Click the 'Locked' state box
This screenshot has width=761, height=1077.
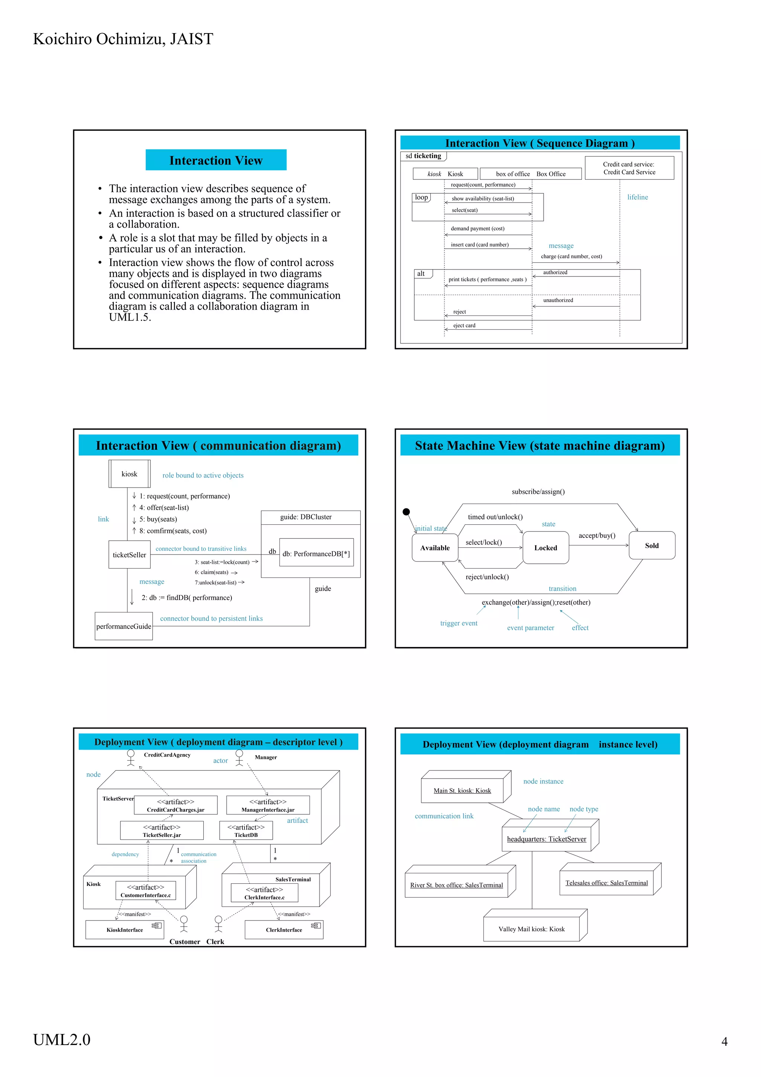pyautogui.click(x=545, y=547)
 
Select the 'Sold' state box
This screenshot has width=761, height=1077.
pyautogui.click(x=651, y=545)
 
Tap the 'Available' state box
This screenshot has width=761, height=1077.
pyautogui.click(x=435, y=547)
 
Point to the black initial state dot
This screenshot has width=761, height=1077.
pyautogui.click(x=407, y=512)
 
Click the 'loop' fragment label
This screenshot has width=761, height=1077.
pyautogui.click(x=421, y=197)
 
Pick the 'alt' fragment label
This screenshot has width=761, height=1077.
pyautogui.click(x=421, y=274)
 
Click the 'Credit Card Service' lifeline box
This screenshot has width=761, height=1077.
pyautogui.click(x=629, y=168)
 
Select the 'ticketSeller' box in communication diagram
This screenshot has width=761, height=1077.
pyautogui.click(x=129, y=554)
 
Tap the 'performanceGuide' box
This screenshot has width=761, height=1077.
pyautogui.click(x=124, y=626)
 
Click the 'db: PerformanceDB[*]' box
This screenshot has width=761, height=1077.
pyautogui.click(x=316, y=553)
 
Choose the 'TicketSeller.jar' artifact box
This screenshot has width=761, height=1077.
pyautogui.click(x=162, y=830)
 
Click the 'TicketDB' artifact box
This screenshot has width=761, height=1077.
pyautogui.click(x=246, y=830)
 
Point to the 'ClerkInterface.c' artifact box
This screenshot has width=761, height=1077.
pyautogui.click(x=265, y=893)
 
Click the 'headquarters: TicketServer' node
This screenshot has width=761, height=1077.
pyautogui.click(x=546, y=839)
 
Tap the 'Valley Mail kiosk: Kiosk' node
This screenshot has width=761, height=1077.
pyautogui.click(x=531, y=929)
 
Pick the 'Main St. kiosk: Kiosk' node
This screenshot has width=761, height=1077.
pyautogui.click(x=462, y=790)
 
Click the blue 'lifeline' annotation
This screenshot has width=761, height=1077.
pyautogui.click(x=637, y=197)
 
